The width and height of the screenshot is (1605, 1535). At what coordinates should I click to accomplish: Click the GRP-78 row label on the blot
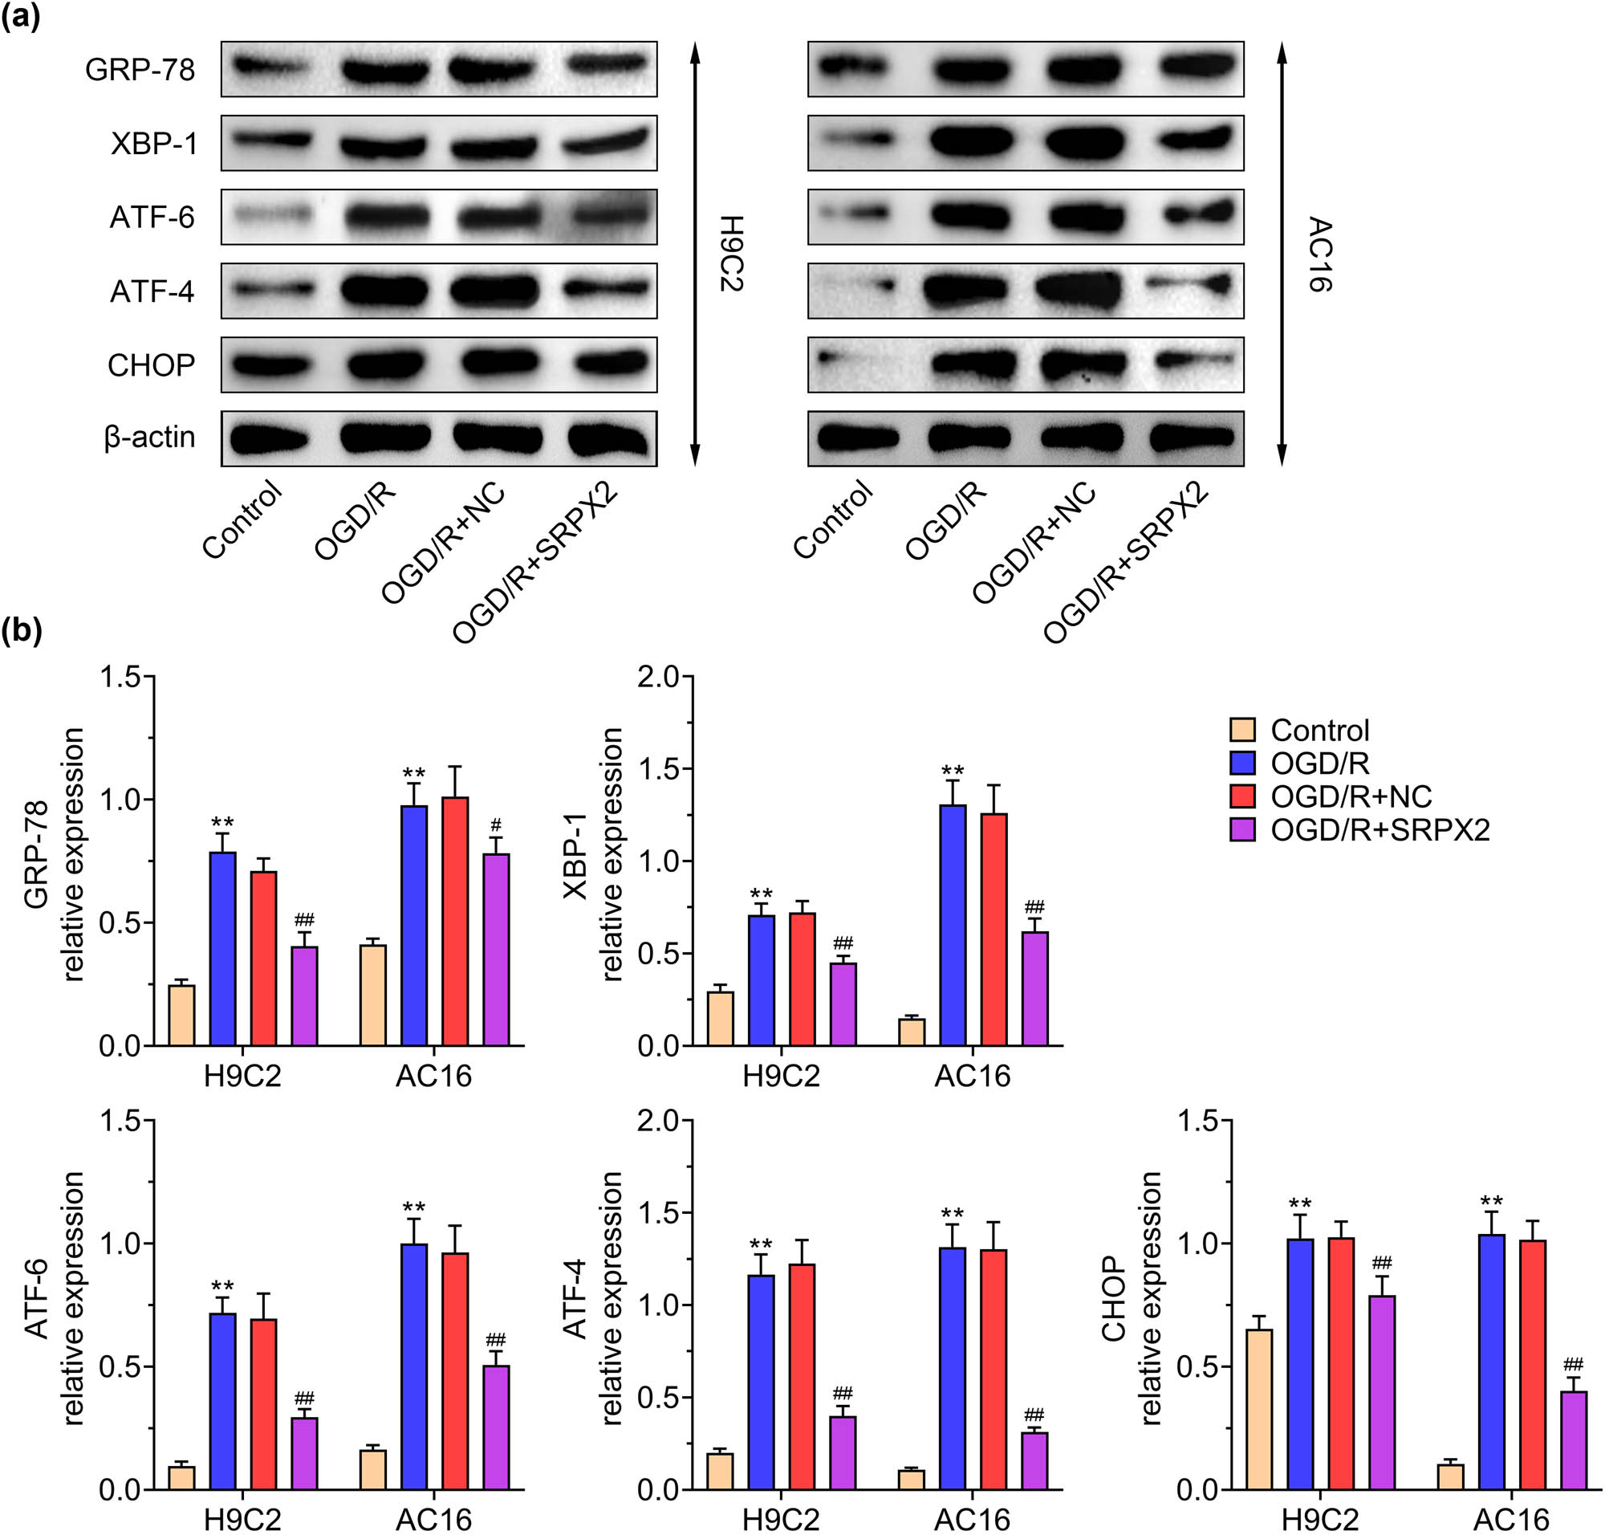pyautogui.click(x=140, y=71)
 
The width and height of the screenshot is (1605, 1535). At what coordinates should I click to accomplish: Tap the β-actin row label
pyautogui.click(x=149, y=437)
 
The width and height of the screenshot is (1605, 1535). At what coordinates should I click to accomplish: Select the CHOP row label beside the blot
pyautogui.click(x=152, y=365)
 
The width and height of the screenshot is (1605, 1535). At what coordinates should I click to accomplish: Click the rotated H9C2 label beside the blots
pyautogui.click(x=730, y=254)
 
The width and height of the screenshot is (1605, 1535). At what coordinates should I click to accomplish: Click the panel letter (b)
pyautogui.click(x=22, y=630)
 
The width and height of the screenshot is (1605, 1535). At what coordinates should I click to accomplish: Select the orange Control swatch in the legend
pyautogui.click(x=1241, y=730)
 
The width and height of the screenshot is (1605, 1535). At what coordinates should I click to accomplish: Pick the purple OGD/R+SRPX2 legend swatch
pyautogui.click(x=1241, y=829)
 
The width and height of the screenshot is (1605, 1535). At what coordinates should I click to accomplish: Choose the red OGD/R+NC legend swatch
pyautogui.click(x=1241, y=796)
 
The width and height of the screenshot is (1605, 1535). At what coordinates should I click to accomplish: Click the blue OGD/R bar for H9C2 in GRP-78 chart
pyautogui.click(x=222, y=949)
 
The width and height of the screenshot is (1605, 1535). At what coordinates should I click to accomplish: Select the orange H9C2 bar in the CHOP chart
pyautogui.click(x=1259, y=1409)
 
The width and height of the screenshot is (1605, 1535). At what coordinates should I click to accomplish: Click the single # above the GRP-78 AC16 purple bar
pyautogui.click(x=496, y=825)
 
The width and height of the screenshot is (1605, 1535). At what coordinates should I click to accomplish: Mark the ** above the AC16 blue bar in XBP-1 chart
pyautogui.click(x=953, y=771)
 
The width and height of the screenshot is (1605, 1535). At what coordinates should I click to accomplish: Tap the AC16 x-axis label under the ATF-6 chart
pyautogui.click(x=433, y=1521)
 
